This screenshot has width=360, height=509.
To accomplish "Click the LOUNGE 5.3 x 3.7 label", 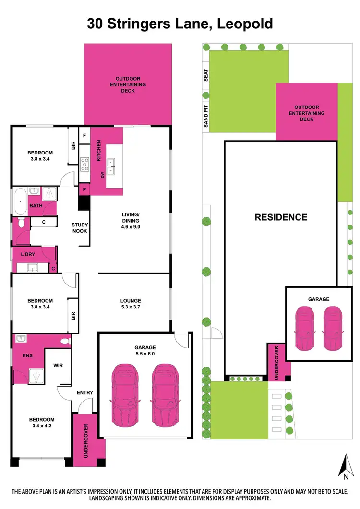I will click(131, 304).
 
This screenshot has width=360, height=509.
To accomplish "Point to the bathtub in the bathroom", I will click(20, 201).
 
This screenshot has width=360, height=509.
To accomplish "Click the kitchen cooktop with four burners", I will click(84, 165).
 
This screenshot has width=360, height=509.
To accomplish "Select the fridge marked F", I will click(84, 135).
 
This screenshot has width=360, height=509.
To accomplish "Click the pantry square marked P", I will click(84, 189).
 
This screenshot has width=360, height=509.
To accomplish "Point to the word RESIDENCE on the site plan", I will click(280, 217).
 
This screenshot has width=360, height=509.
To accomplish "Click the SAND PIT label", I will click(206, 116).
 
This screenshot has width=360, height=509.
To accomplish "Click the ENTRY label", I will click(84, 393).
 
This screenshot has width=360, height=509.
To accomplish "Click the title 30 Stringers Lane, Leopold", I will click(180, 24).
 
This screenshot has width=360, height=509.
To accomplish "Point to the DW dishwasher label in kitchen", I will click(102, 175).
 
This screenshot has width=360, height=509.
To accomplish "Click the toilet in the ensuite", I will click(64, 341).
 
